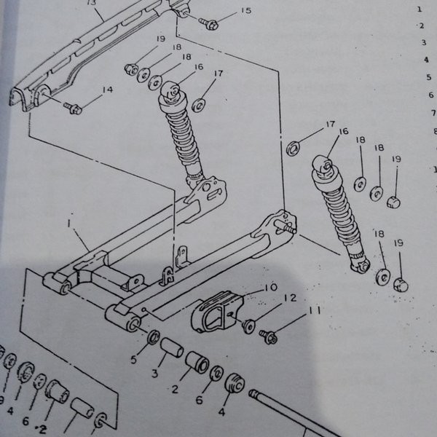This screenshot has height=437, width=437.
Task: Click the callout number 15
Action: click(x=245, y=10)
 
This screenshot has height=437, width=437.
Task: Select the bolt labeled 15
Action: click(x=210, y=25)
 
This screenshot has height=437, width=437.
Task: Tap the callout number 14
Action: click(x=108, y=90)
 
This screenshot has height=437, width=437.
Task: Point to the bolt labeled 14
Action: click(x=73, y=109)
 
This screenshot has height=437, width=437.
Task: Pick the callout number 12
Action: click(x=289, y=297)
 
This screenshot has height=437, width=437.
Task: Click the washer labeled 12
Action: click(x=248, y=326)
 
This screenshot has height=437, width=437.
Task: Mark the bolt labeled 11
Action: click(x=268, y=337)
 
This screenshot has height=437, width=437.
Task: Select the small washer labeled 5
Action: click(x=154, y=338)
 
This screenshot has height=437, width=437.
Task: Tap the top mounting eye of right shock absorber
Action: click(x=323, y=168)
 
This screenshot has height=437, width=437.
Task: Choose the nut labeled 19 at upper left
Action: click(x=131, y=70)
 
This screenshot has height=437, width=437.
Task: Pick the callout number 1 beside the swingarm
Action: click(x=73, y=227)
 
